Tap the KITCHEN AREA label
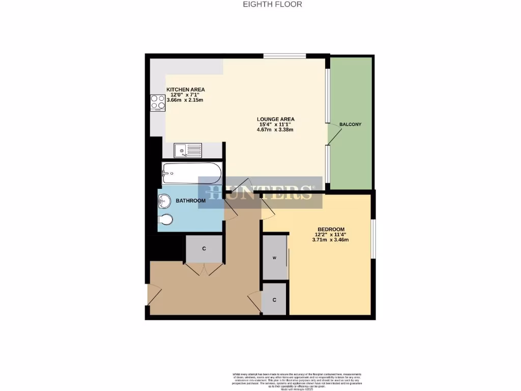(186, 90)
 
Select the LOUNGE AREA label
(275, 119)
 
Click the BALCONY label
(350, 124)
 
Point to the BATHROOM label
(190, 201)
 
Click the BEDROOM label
(331, 229)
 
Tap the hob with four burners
(158, 103)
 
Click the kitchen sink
(188, 150)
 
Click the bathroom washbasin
(164, 202)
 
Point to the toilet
(166, 220)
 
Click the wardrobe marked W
(275, 258)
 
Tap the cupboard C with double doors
(204, 249)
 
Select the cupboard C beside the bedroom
(274, 299)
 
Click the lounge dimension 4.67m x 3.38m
(275, 130)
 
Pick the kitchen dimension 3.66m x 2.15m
(185, 100)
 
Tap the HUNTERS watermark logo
(260, 192)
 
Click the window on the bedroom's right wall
(372, 239)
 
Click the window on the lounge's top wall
(284, 56)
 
